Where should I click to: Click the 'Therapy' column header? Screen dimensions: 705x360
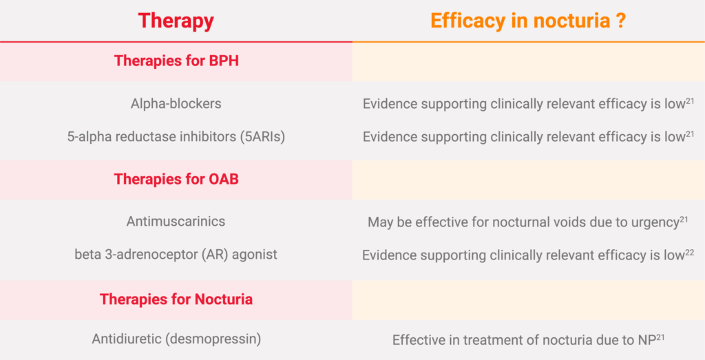[x=176, y=21]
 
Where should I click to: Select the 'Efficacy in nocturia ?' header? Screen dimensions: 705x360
[x=528, y=21]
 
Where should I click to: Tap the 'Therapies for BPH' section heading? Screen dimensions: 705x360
[x=176, y=61]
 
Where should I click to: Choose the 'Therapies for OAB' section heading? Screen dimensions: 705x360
[x=176, y=179]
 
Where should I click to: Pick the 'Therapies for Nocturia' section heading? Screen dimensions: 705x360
[x=176, y=299]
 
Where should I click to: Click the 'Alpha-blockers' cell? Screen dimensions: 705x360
[x=176, y=104]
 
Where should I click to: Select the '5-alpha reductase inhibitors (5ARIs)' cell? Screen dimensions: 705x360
[x=176, y=136]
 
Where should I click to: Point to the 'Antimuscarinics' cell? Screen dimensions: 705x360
[x=176, y=221]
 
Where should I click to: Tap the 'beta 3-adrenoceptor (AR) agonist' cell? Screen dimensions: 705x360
[x=176, y=255]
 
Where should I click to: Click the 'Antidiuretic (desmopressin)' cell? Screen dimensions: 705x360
[x=176, y=339]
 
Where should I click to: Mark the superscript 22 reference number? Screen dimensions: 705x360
[x=689, y=252]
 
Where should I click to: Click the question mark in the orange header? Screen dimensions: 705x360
[x=621, y=21]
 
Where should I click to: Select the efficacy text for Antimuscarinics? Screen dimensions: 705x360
[x=528, y=222]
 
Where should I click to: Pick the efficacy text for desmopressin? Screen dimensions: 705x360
[x=528, y=340]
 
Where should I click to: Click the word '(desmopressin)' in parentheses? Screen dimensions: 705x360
[x=213, y=339]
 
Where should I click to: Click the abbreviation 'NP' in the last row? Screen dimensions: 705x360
[x=646, y=340]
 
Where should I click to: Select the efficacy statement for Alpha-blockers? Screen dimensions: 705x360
[x=528, y=104]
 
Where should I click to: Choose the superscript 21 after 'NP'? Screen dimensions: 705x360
[x=660, y=337]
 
